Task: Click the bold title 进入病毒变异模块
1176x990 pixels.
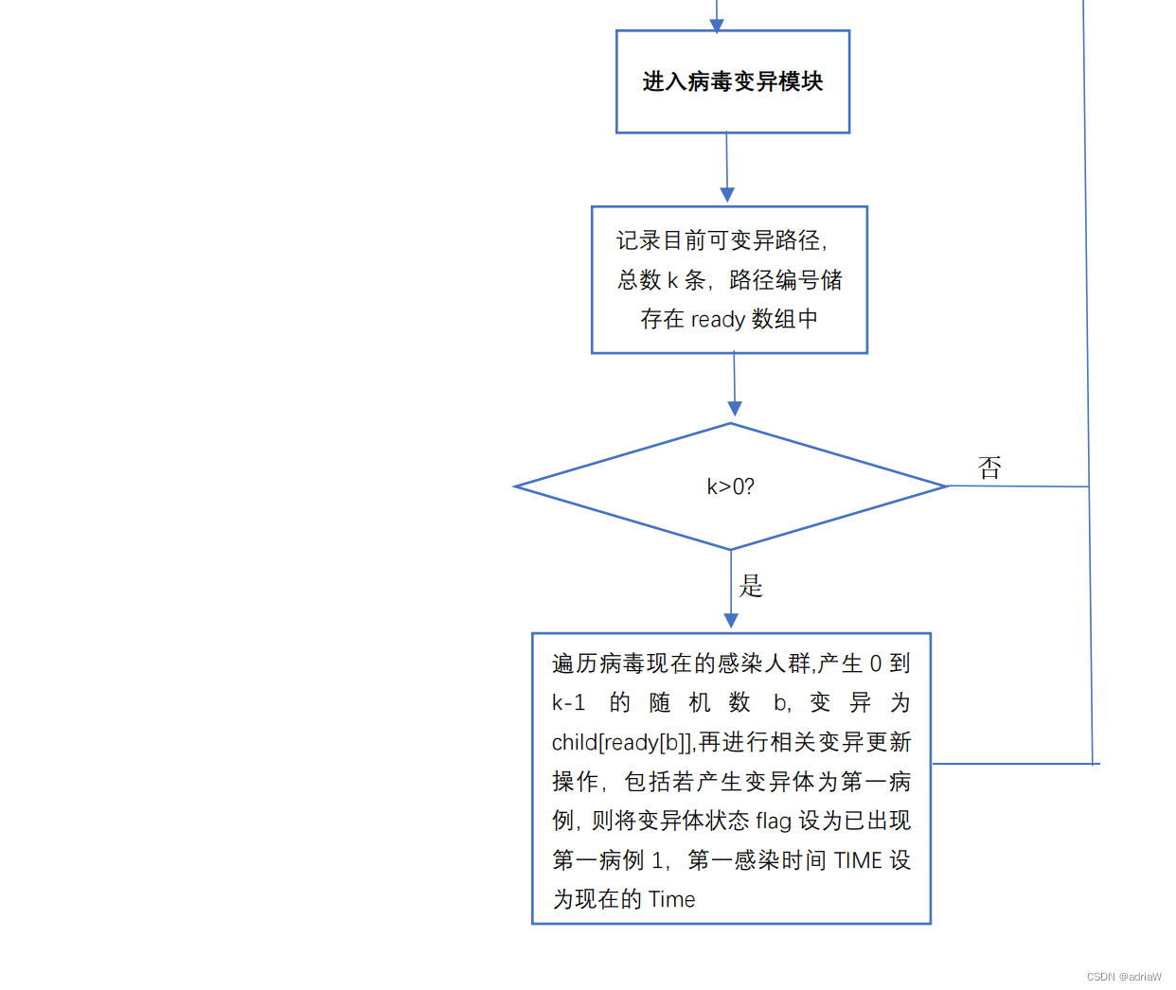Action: [x=732, y=81]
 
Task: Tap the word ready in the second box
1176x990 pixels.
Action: [x=718, y=320]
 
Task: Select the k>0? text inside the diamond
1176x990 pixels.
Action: [x=730, y=486]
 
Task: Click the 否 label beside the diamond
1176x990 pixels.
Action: [x=989, y=468]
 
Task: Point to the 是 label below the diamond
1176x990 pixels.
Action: [x=751, y=586]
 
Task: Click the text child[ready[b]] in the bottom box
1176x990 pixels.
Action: [x=622, y=743]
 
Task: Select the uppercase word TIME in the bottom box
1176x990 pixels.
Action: [x=858, y=860]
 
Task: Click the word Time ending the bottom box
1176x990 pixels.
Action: [x=671, y=899]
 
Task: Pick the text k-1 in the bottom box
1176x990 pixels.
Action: [x=568, y=702]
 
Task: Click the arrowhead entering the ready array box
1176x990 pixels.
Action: [x=727, y=195]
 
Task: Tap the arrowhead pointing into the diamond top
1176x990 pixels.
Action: [x=734, y=409]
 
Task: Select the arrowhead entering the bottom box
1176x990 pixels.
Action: [x=731, y=621]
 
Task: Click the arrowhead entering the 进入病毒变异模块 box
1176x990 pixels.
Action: [x=717, y=25]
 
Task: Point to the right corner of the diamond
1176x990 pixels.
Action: [x=945, y=486]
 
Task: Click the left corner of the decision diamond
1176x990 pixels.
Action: [x=517, y=486]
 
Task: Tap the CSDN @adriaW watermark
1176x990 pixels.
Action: [x=1124, y=977]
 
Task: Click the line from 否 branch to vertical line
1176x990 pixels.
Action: [x=1018, y=486]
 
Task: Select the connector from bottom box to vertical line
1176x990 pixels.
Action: [x=1013, y=763]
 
